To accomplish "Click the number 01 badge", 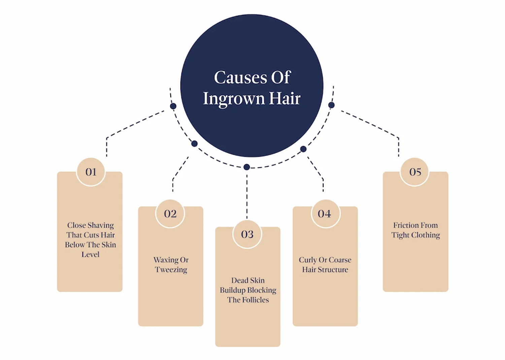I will (91, 172).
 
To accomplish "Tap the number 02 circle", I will (170, 214).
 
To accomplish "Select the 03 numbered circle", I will (247, 234).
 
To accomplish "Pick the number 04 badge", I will (325, 214).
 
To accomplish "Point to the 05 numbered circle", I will (415, 172).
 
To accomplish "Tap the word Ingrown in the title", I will (234, 99).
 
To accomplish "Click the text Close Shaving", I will (90, 225).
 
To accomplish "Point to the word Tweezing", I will (171, 270).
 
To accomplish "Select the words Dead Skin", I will (248, 280).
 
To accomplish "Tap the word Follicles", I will (256, 300).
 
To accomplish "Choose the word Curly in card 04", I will (308, 260).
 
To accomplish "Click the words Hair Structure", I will (325, 269).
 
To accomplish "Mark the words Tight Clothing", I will (415, 235).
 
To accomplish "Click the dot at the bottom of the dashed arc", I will (247, 167).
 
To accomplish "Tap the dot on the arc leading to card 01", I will (173, 106).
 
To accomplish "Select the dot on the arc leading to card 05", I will (331, 105).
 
